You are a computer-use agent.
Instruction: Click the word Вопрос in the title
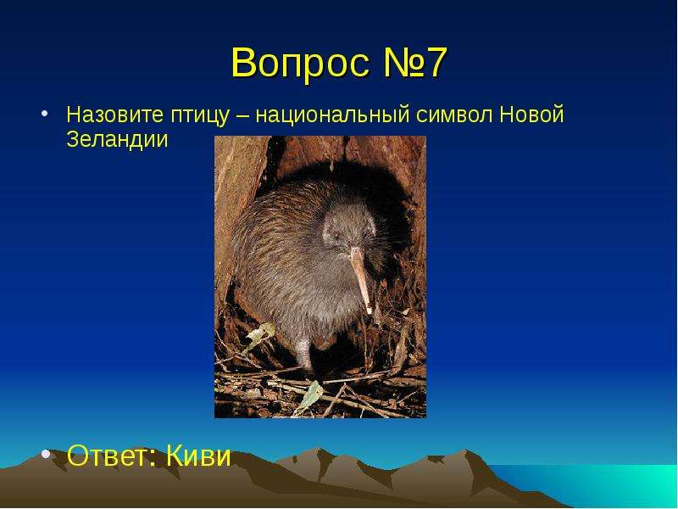pos(301,64)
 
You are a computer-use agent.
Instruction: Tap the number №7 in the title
pos(414,63)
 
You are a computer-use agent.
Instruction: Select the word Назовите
pos(114,115)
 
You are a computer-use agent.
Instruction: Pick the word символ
pos(454,115)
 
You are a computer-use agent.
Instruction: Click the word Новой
pos(532,115)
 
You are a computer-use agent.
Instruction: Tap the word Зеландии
pos(117,140)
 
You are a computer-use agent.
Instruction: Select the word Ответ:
pos(112,455)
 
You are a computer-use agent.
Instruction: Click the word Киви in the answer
pos(198,455)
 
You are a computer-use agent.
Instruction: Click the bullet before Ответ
pos(46,455)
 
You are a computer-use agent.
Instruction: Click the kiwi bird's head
pos(348,229)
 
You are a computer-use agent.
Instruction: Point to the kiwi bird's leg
pos(305,353)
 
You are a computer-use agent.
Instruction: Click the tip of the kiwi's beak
pos(370,311)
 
